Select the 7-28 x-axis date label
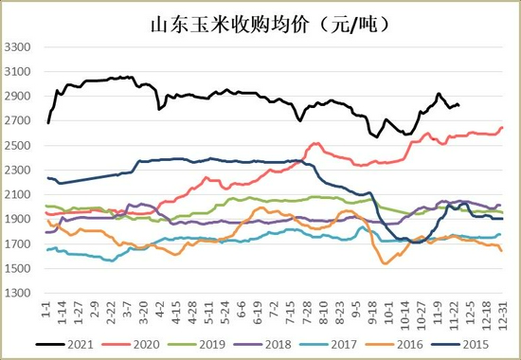[x=309, y=313]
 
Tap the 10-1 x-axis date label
[x=389, y=313]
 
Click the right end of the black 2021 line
[x=459, y=105]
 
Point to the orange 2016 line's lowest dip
[x=386, y=262]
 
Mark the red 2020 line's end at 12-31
[x=502, y=127]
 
